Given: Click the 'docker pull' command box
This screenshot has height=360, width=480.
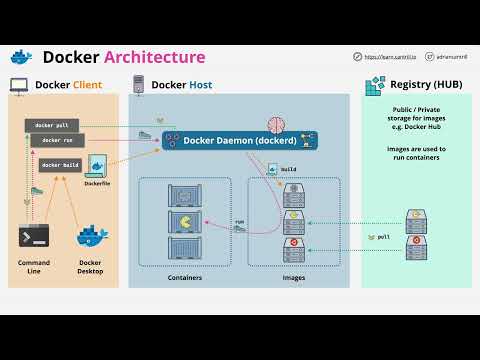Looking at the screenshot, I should pos(51,125).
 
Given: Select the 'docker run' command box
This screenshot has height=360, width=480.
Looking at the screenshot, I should pos(57,141).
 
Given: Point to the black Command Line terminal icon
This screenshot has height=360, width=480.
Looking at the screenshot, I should pos(34,238).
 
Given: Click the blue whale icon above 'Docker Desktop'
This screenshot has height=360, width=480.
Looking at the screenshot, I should pos(92,237).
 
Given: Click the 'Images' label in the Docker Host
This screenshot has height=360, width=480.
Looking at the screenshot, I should pos(294,277).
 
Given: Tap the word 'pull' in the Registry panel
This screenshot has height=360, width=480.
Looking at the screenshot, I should pos(383,237).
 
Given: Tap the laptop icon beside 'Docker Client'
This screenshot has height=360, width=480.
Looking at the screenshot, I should pos(19,85).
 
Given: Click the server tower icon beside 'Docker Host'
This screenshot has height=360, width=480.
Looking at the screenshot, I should pos(138,85).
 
